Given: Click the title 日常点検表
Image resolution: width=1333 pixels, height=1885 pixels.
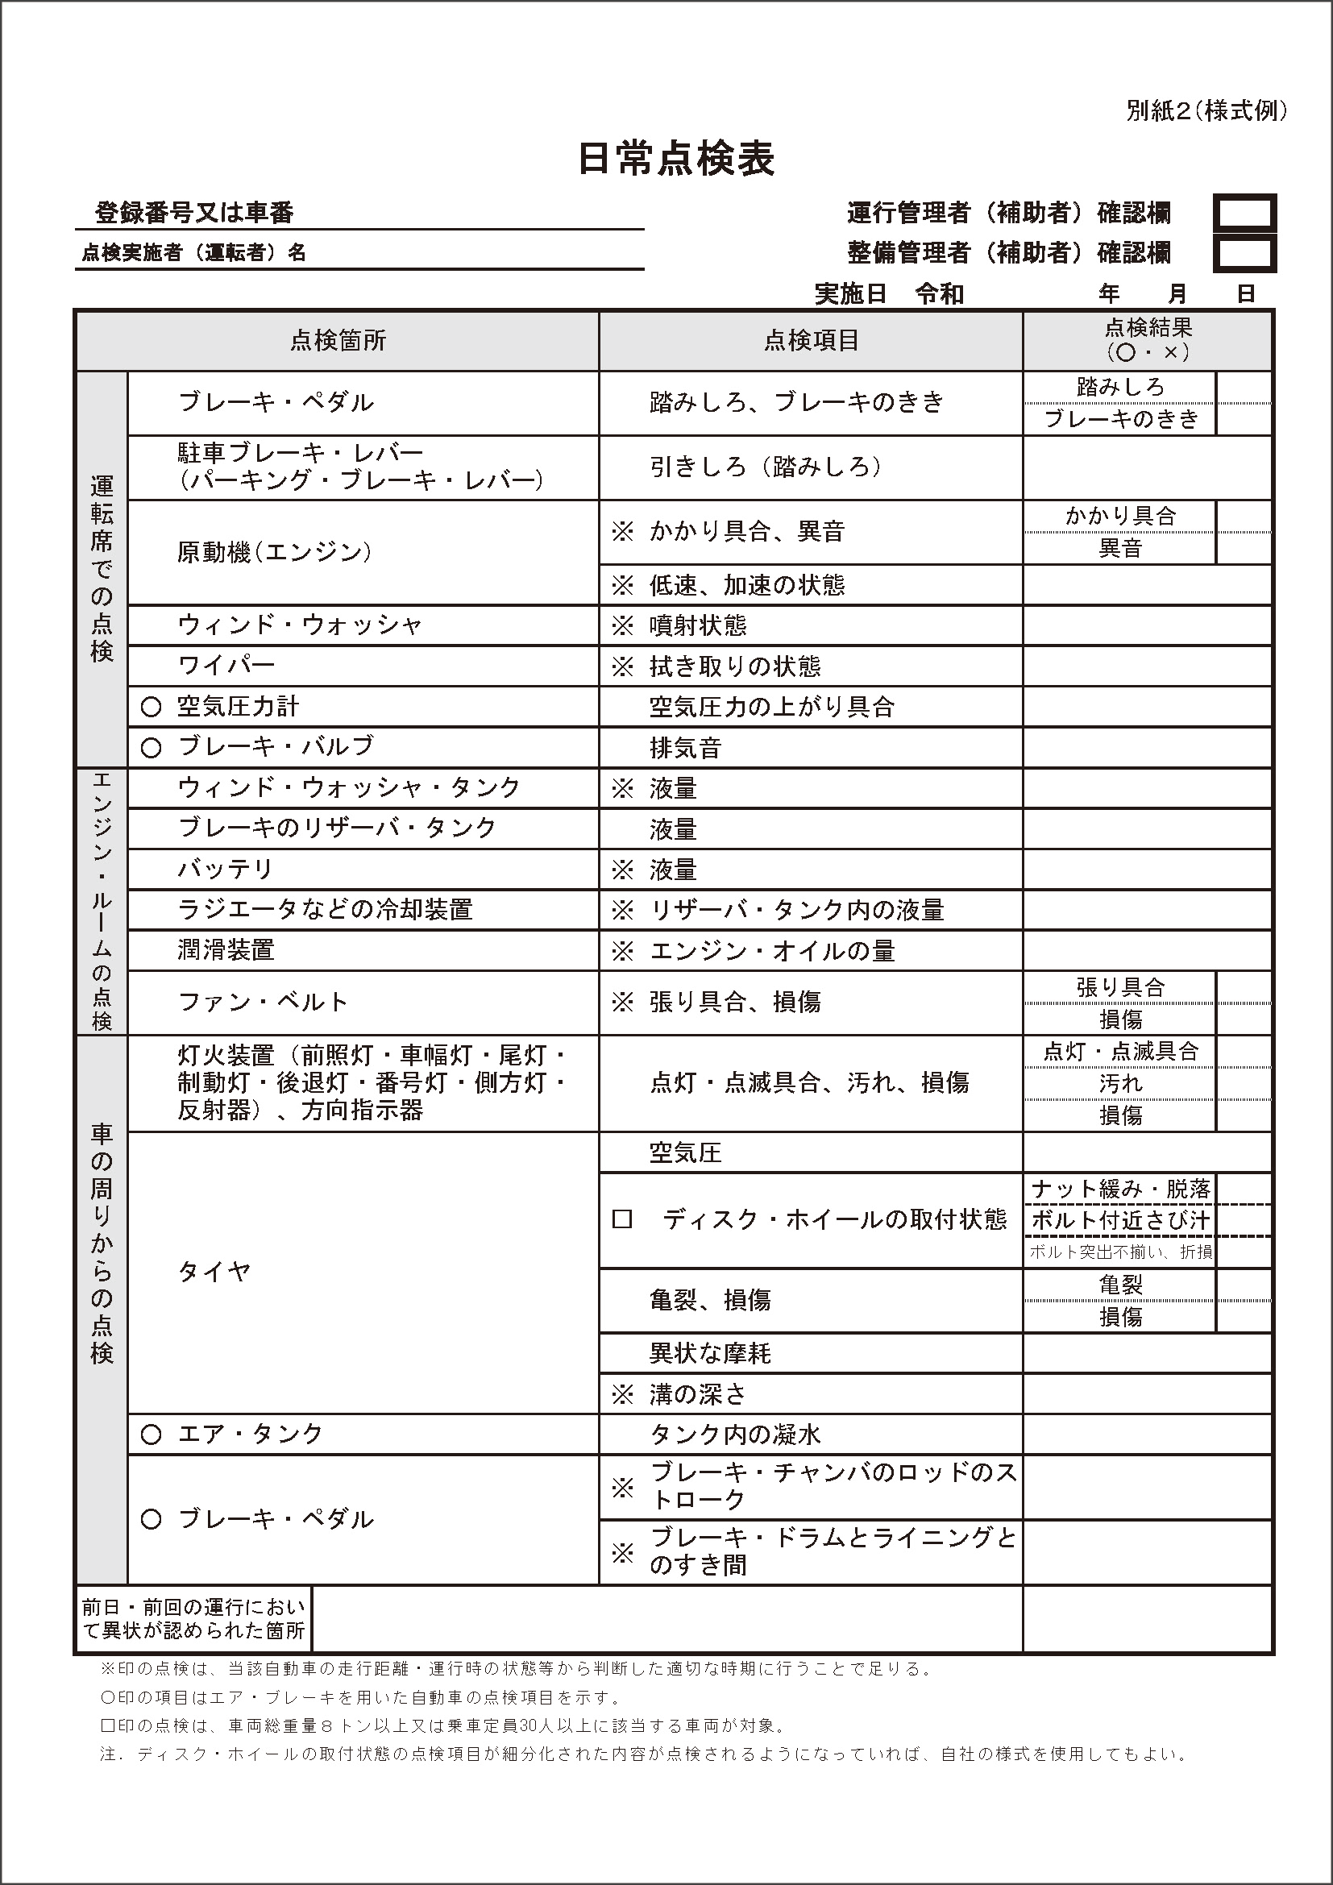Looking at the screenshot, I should point(675,160).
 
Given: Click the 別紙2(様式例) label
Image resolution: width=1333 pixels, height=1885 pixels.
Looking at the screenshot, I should point(1206,111).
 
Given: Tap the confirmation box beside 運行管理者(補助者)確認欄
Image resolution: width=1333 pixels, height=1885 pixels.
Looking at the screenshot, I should point(1244,214).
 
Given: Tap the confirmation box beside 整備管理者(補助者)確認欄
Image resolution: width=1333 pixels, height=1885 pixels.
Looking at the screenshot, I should point(1244,254).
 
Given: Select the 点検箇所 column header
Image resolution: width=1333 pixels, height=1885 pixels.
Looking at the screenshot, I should point(338,341).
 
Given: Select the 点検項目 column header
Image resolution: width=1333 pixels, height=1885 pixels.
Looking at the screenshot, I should point(811,341).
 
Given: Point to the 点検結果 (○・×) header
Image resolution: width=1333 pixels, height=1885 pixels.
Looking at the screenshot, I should point(1148,340).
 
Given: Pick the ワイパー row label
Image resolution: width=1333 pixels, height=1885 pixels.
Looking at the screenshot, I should point(226,666).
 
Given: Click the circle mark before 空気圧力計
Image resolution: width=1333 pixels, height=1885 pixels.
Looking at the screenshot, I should point(151,707).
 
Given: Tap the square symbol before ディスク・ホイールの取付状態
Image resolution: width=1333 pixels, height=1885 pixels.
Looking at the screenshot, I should point(622,1220).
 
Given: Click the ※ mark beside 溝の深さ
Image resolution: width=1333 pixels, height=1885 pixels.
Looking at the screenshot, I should point(623,1394).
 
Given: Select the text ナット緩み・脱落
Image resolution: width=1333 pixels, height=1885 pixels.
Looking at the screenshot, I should point(1120,1189).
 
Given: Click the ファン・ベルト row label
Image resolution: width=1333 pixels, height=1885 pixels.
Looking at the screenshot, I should point(263,1003).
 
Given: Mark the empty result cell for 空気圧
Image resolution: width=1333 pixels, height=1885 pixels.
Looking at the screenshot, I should point(1147,1152).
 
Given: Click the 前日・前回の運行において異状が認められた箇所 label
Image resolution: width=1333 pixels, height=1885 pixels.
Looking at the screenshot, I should point(193,1618).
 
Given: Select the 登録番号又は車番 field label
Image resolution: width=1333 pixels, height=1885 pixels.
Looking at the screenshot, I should point(194,214).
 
